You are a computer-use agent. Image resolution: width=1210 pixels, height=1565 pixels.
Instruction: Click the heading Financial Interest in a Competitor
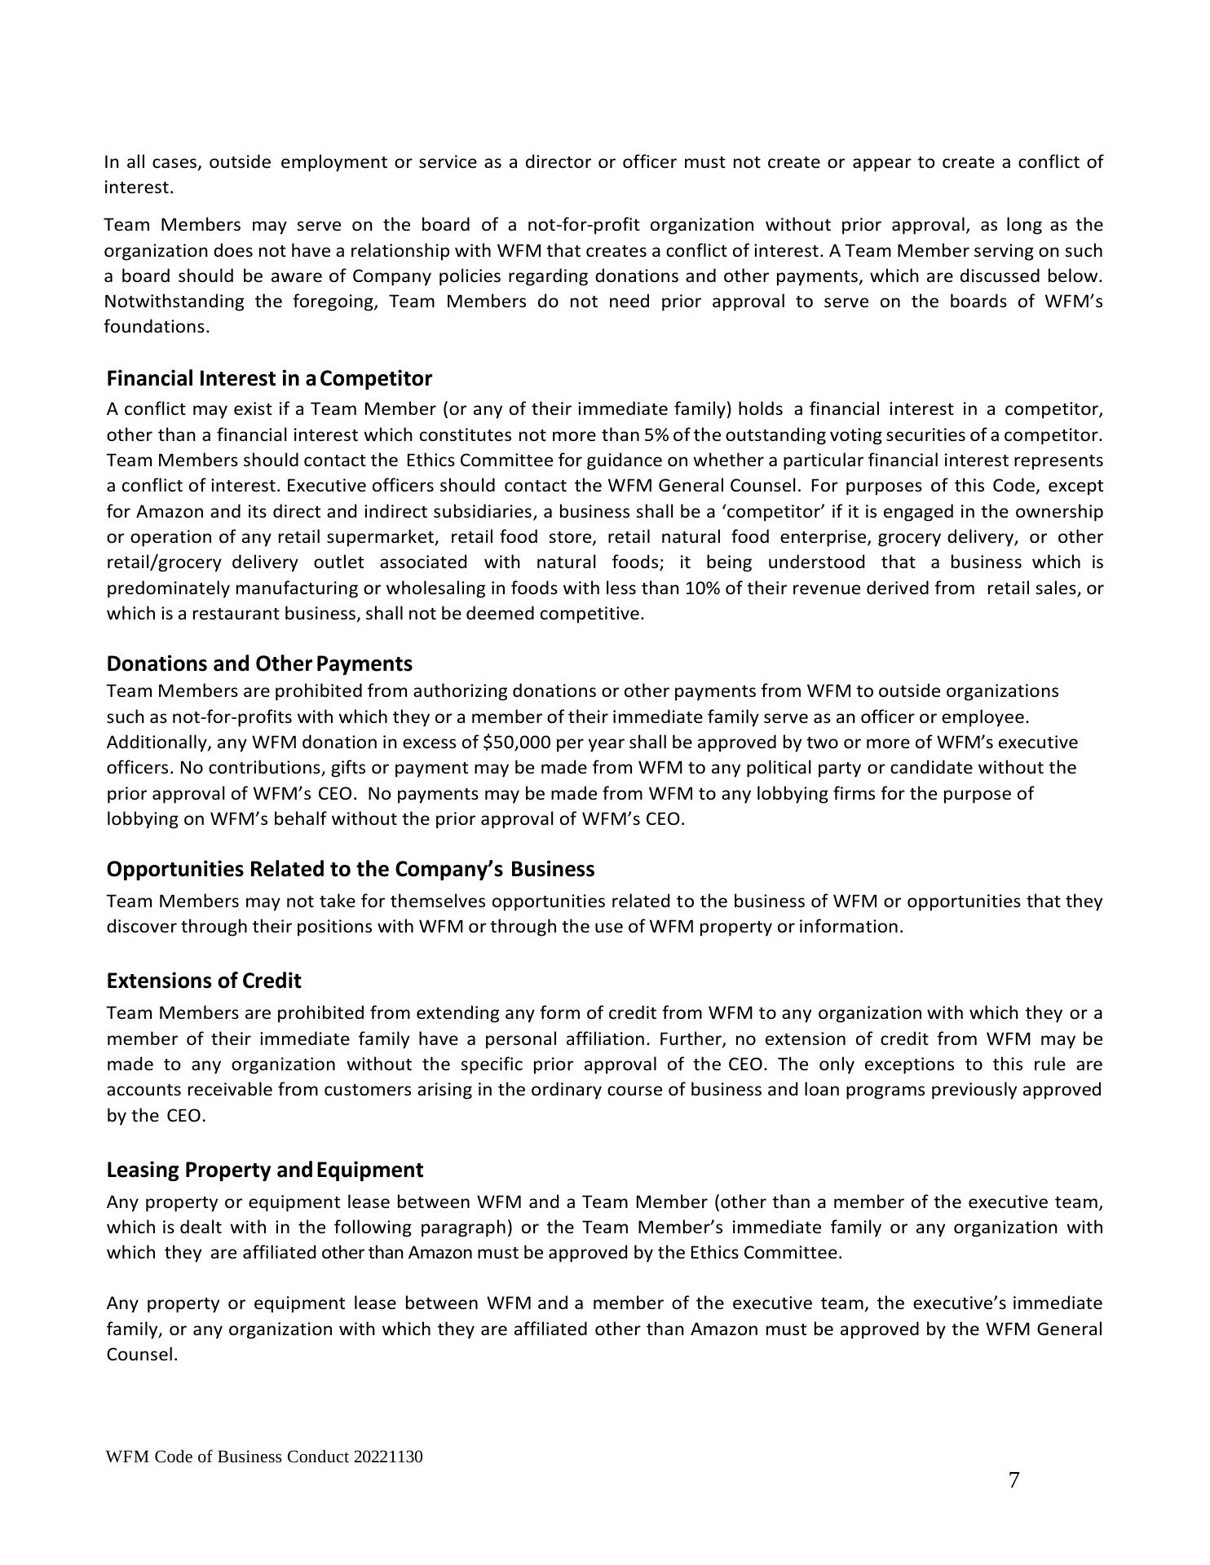(269, 378)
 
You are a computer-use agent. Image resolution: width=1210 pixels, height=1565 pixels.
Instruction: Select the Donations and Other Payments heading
(259, 663)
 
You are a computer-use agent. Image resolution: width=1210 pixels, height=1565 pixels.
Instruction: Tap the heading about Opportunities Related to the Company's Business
(351, 869)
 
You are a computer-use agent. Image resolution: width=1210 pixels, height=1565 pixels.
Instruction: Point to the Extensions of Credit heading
(204, 980)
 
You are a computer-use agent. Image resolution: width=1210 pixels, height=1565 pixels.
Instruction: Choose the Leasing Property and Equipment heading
(265, 1170)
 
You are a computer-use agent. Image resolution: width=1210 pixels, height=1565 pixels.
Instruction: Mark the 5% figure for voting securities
(656, 434)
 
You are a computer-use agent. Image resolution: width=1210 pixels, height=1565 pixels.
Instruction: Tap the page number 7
(1013, 1480)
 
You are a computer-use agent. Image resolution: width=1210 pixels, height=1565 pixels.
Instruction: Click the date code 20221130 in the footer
(388, 1457)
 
